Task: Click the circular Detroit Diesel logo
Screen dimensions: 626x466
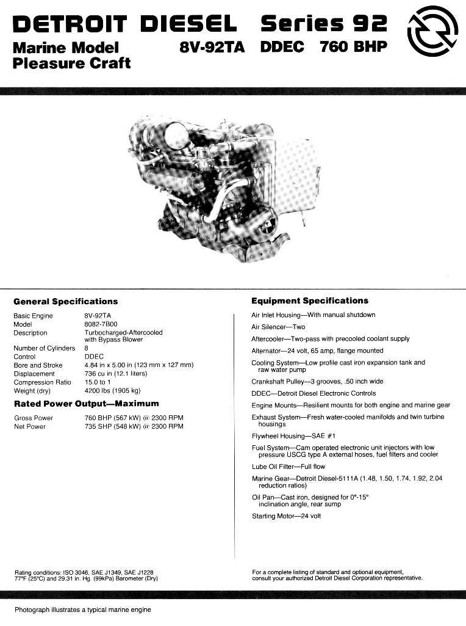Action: (432, 31)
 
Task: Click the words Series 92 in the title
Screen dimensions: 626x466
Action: (324, 24)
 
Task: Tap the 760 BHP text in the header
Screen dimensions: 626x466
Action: (353, 47)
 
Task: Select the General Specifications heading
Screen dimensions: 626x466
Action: (65, 301)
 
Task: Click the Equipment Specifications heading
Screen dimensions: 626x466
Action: (310, 300)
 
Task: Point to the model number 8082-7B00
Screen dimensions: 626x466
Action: (101, 324)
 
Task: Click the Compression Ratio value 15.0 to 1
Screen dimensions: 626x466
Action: (98, 382)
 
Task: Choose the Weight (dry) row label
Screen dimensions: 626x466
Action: (32, 390)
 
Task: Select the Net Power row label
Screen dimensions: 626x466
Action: (29, 426)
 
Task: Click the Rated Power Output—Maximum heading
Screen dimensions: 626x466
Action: (86, 404)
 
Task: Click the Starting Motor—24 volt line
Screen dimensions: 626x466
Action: (286, 516)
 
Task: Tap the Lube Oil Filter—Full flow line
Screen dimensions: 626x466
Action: (289, 466)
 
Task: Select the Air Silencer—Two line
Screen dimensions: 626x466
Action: (278, 327)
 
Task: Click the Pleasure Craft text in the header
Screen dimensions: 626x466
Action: (71, 62)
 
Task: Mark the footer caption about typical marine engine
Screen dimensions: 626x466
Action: (82, 610)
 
